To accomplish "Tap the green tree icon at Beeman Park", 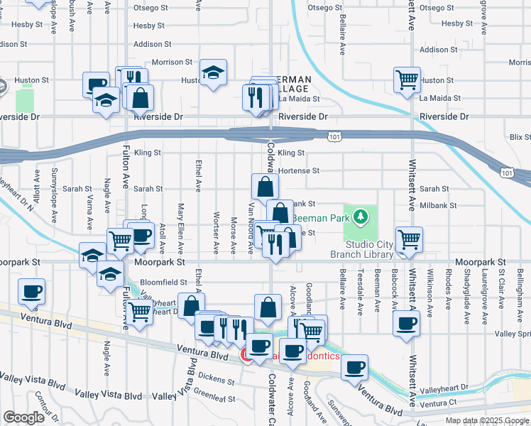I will tap(361, 215).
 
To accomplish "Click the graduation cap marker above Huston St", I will tap(212, 74).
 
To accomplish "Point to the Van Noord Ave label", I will tap(251, 226).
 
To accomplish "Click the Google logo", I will tap(23, 417).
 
